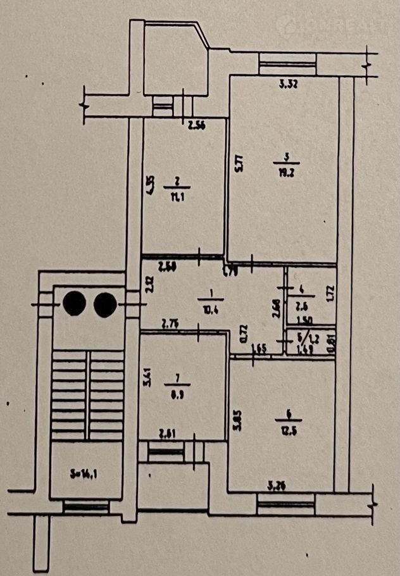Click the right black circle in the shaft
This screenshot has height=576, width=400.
(x=104, y=304)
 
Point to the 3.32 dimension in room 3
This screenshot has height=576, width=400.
(x=289, y=82)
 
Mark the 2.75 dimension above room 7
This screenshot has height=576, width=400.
(x=168, y=325)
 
